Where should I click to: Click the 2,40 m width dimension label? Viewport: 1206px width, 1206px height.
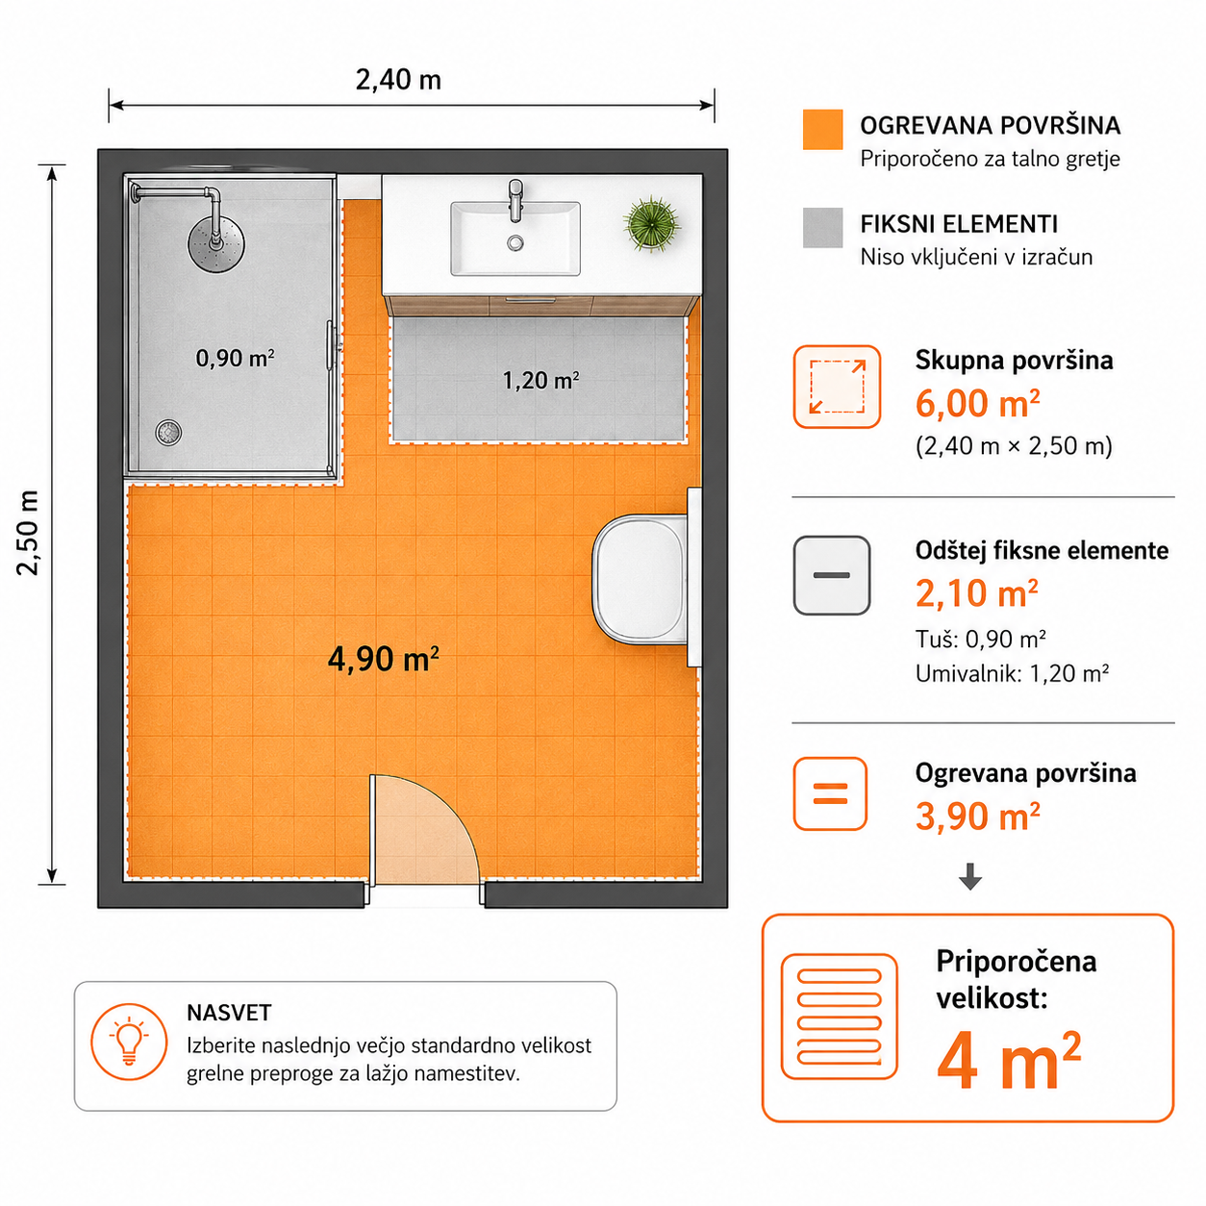pyautogui.click(x=399, y=80)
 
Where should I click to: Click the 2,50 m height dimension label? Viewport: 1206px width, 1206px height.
pyautogui.click(x=28, y=533)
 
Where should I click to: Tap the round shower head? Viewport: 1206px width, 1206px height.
pyautogui.click(x=216, y=243)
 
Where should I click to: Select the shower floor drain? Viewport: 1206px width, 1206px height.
pyautogui.click(x=168, y=432)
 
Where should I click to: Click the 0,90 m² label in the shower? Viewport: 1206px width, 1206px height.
pyautogui.click(x=235, y=358)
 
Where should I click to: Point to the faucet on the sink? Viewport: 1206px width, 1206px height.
pyautogui.click(x=515, y=200)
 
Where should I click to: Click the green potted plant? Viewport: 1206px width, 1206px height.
pyautogui.click(x=651, y=223)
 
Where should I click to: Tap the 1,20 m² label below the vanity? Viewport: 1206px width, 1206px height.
pyautogui.click(x=540, y=380)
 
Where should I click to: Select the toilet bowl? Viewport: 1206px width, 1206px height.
pyautogui.click(x=640, y=579)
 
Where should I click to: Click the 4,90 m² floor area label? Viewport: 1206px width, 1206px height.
pyautogui.click(x=383, y=659)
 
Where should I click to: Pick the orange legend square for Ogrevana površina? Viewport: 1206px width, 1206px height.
pyautogui.click(x=822, y=130)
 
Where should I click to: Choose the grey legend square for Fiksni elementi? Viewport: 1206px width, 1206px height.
pyautogui.click(x=822, y=228)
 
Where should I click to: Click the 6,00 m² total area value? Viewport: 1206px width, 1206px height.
pyautogui.click(x=977, y=403)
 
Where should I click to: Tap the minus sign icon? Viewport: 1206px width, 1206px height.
pyautogui.click(x=831, y=575)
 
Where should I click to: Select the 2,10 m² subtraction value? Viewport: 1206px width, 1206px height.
pyautogui.click(x=977, y=593)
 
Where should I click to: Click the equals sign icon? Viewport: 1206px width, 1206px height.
pyautogui.click(x=830, y=793)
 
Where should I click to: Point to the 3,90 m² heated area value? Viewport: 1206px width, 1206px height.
pyautogui.click(x=977, y=817)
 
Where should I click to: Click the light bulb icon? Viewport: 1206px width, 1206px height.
pyautogui.click(x=129, y=1042)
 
